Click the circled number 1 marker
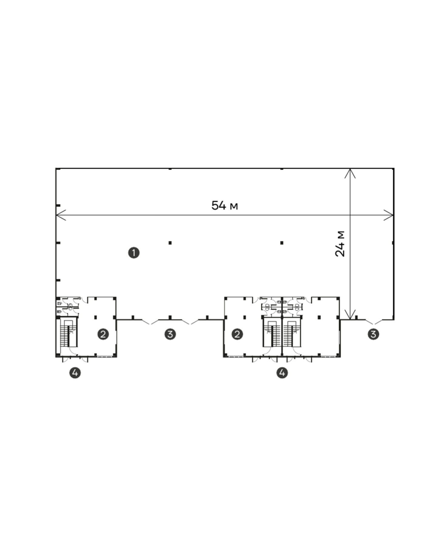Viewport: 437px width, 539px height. coord(134,253)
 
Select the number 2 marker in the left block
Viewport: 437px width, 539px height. coord(103,334)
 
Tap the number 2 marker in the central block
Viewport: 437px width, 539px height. coord(237,334)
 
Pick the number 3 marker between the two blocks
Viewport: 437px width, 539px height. coord(170,334)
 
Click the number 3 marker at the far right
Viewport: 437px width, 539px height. coord(373,334)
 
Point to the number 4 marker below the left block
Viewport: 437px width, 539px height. coord(75,372)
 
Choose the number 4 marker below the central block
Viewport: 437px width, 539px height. coord(282,372)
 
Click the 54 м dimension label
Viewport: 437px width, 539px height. coord(225,205)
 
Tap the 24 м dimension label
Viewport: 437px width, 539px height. coord(340,244)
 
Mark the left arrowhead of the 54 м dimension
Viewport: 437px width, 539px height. coord(56,215)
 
